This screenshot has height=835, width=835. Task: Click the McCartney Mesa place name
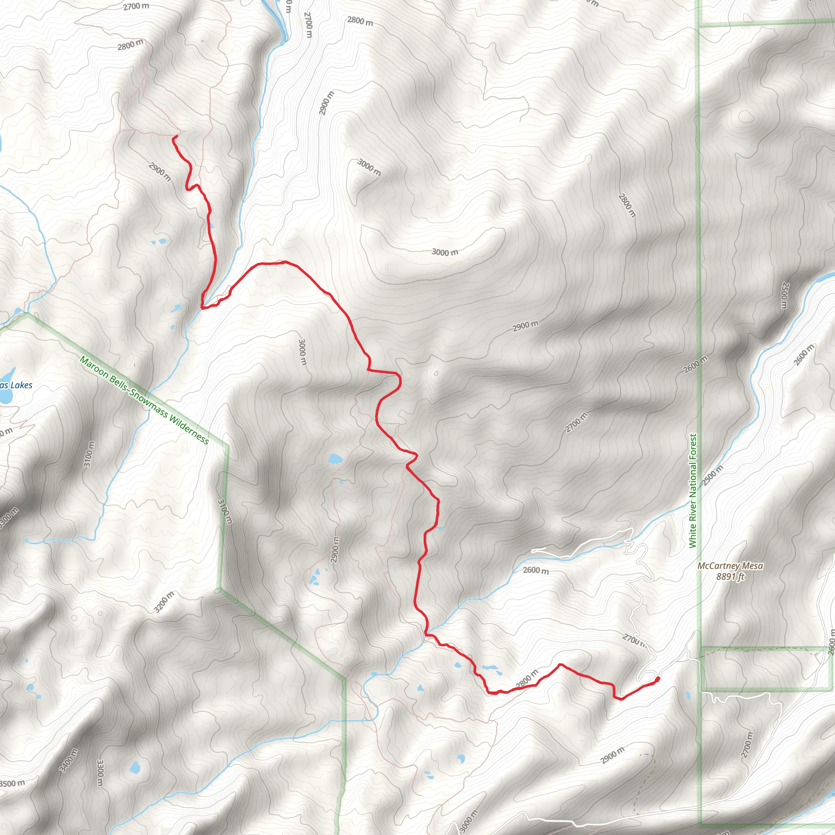pyautogui.click(x=730, y=566)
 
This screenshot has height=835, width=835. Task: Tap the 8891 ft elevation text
pyautogui.click(x=730, y=577)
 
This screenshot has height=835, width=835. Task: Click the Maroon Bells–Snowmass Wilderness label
pyautogui.click(x=144, y=400)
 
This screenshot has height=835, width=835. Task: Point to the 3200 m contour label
pyautogui.click(x=164, y=602)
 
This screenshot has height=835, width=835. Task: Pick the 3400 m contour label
pyautogui.click(x=68, y=760)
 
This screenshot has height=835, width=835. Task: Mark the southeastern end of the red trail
pyautogui.click(x=657, y=679)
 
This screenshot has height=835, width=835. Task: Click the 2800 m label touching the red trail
pyautogui.click(x=527, y=679)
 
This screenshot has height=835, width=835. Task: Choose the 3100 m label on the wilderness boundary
pyautogui.click(x=225, y=511)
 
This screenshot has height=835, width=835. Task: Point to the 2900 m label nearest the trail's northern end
pyautogui.click(x=159, y=172)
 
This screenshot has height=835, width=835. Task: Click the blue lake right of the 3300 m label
pyautogui.click(x=135, y=768)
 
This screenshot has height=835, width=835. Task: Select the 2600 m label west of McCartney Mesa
pyautogui.click(x=535, y=570)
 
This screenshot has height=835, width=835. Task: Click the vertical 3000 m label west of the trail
pyautogui.click(x=303, y=352)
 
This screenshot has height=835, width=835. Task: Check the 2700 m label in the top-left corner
pyautogui.click(x=136, y=7)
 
